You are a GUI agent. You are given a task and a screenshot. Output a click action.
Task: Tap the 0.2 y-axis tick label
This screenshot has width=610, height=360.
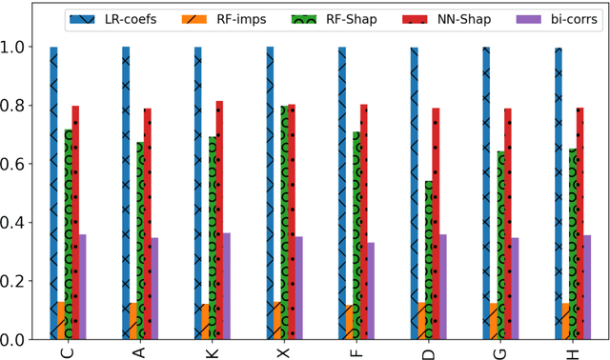(20, 281)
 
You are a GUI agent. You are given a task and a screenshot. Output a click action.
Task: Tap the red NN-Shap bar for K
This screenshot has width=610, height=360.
(219, 220)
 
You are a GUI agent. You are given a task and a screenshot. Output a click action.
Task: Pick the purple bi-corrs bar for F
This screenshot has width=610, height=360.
(371, 290)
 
